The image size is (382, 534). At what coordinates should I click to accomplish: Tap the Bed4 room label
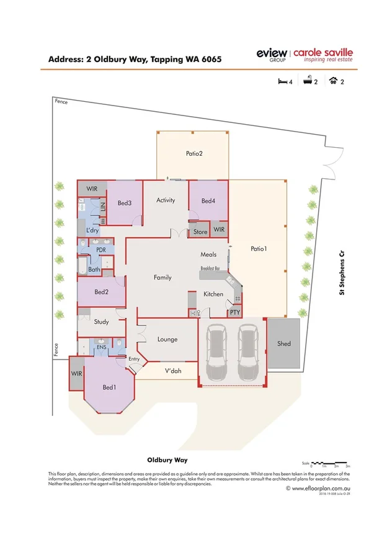(x=208, y=201)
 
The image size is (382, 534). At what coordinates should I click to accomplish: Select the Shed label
(x=284, y=343)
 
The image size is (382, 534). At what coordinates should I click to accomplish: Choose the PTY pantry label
(x=234, y=314)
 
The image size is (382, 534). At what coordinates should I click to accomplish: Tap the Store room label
(x=200, y=232)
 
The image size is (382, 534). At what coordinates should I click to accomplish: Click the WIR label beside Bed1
(x=77, y=374)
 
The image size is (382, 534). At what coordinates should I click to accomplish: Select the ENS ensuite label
(x=102, y=348)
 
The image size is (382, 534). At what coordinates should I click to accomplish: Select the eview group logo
(x=272, y=55)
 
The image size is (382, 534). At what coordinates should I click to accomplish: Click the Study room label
(x=101, y=322)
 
